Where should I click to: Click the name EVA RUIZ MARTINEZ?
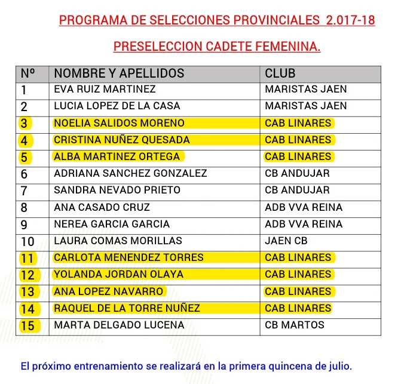[x=105, y=90]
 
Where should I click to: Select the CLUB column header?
[x=280, y=73]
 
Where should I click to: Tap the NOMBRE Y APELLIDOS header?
[x=119, y=73]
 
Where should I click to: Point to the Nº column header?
[x=27, y=73]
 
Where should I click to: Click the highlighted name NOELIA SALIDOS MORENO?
[x=119, y=123]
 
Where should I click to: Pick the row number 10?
[x=27, y=241]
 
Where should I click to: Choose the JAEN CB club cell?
[x=286, y=241]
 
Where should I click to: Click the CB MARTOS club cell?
[x=295, y=325]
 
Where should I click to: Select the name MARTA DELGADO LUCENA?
[x=119, y=325]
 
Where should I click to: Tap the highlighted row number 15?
[x=27, y=326]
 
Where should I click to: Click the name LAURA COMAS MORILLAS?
[x=118, y=241]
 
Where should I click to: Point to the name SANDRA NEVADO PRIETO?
[x=117, y=191]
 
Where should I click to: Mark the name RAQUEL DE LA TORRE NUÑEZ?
[x=127, y=309]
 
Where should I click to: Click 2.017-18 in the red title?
[x=351, y=20]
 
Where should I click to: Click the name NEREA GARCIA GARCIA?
[x=112, y=225]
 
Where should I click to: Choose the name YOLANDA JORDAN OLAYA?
[x=118, y=275]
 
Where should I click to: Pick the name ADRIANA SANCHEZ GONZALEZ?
[x=130, y=174]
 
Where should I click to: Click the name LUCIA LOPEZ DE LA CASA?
[x=117, y=106]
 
